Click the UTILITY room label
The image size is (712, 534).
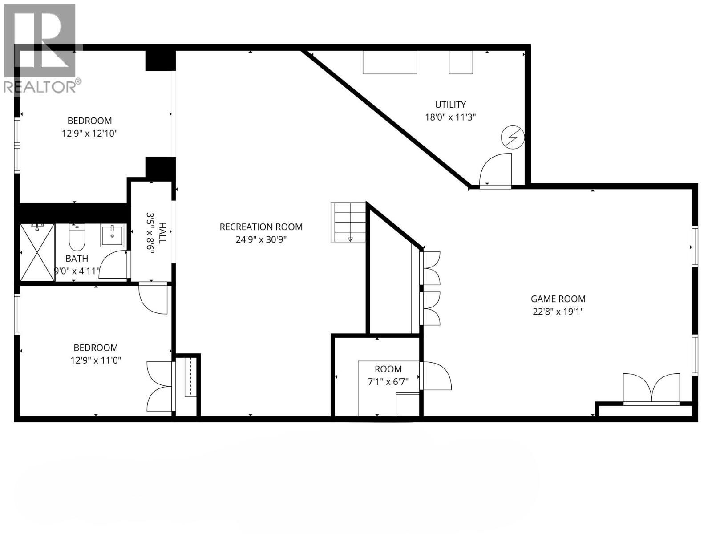coord(450,105)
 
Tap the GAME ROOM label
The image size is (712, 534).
coord(558,299)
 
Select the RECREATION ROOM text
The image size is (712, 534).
coord(261,227)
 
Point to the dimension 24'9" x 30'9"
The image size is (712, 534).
coord(261,239)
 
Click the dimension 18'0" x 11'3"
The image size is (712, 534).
coord(450,117)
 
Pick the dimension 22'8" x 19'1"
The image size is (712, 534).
coord(558,311)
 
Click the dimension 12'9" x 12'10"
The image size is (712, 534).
coord(89,133)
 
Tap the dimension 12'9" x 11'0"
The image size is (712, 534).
coord(96,360)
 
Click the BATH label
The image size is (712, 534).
coord(77,259)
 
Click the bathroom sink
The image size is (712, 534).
coord(112,235)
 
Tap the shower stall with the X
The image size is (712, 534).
coord(37,252)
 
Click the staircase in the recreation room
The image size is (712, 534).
coord(348,222)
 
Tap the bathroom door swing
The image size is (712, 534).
coord(113,264)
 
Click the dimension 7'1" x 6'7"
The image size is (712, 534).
coord(388,382)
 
